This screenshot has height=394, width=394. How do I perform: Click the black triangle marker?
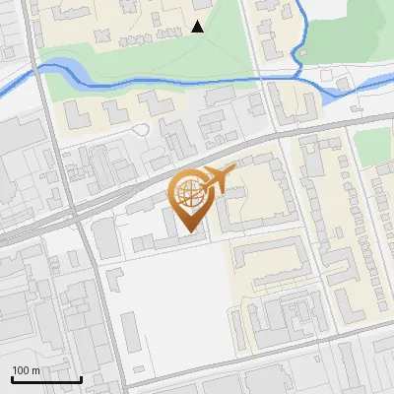coord(197,27)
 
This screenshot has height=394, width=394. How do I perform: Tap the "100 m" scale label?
coord(27,370)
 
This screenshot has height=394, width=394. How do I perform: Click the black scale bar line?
coord(45,379)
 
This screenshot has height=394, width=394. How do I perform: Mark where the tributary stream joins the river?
coord(298,74)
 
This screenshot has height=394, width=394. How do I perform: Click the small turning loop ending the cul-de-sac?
coord(141,129)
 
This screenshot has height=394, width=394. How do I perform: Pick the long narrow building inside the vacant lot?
coord(132,332)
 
